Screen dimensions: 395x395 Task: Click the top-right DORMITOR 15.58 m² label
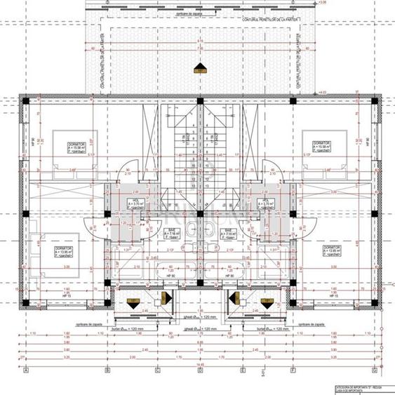[x=316, y=146]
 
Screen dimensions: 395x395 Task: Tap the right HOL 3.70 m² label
[x=267, y=203]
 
